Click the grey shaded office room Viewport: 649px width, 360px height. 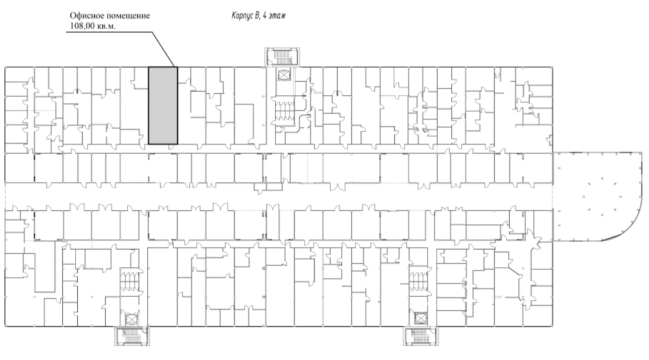[163, 106]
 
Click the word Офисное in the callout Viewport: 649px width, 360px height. [86, 16]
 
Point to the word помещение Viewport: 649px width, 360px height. [127, 16]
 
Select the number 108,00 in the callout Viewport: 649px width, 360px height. [83, 26]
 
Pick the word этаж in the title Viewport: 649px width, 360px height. [277, 16]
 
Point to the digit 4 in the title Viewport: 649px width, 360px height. [265, 16]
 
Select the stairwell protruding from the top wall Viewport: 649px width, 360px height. [282, 57]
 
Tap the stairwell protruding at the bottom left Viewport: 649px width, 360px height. [132, 335]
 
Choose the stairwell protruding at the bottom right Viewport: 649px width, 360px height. [420, 335]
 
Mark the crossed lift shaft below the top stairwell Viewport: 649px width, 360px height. [284, 75]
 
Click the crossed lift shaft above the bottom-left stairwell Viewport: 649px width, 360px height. [131, 319]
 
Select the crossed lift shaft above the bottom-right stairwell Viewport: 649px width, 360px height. [420, 318]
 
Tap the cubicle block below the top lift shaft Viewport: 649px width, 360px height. [283, 110]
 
